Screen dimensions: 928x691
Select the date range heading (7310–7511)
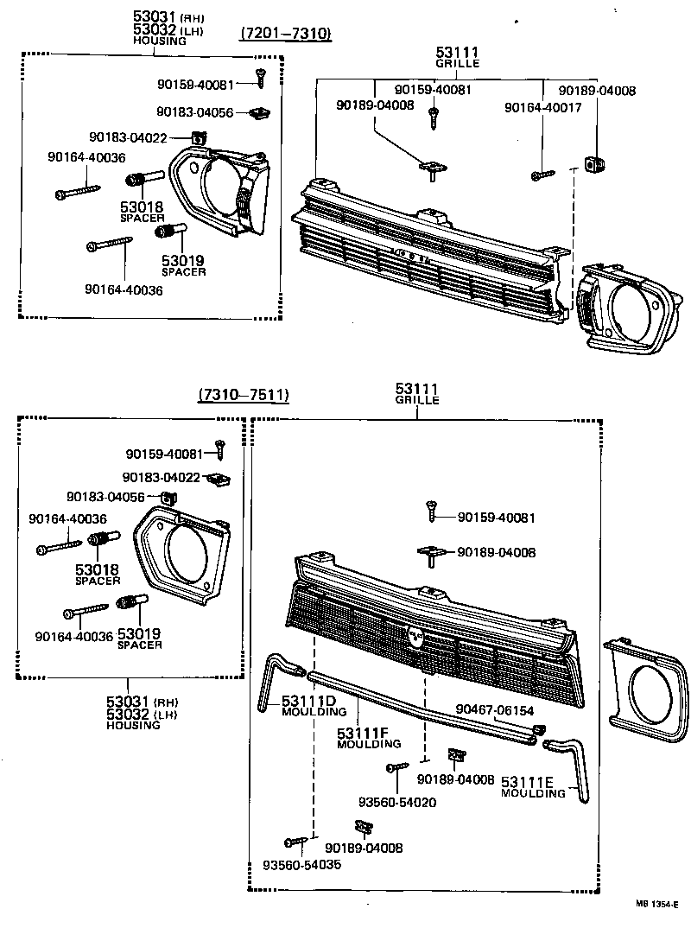pyautogui.click(x=243, y=395)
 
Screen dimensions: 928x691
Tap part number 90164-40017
pyautogui.click(x=543, y=107)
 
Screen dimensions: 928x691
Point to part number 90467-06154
pyautogui.click(x=499, y=709)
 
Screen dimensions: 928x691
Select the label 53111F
pyautogui.click(x=363, y=734)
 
